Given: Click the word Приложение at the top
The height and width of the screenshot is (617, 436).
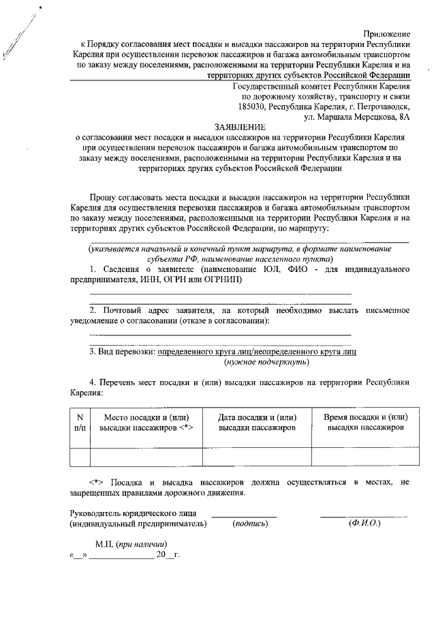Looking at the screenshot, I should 386,33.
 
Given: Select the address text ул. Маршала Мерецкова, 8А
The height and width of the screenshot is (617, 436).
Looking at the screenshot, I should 354,117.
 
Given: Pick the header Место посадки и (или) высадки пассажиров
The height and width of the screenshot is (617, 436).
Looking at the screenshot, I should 145,422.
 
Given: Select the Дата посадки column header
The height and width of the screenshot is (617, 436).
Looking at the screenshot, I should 256,422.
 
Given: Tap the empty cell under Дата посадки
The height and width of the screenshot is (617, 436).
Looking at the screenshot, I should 256,456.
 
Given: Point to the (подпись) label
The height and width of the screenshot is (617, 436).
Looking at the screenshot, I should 250,524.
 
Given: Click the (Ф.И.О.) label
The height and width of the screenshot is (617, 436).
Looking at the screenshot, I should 364,523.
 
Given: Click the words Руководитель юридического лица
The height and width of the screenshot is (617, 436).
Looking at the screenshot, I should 134,513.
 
